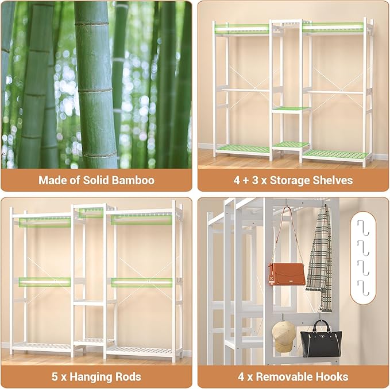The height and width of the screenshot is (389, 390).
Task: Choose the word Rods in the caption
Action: coord(128,377)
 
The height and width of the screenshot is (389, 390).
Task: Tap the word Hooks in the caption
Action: coord(332,377)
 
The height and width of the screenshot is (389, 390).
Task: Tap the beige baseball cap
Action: coord(283,336)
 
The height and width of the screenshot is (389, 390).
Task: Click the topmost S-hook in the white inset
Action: coord(362,225)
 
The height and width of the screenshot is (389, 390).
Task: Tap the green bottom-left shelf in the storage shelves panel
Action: coord(243,149)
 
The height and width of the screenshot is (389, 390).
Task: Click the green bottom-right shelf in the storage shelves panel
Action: coord(334,154)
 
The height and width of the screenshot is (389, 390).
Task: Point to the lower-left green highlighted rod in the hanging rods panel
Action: coord(45,282)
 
